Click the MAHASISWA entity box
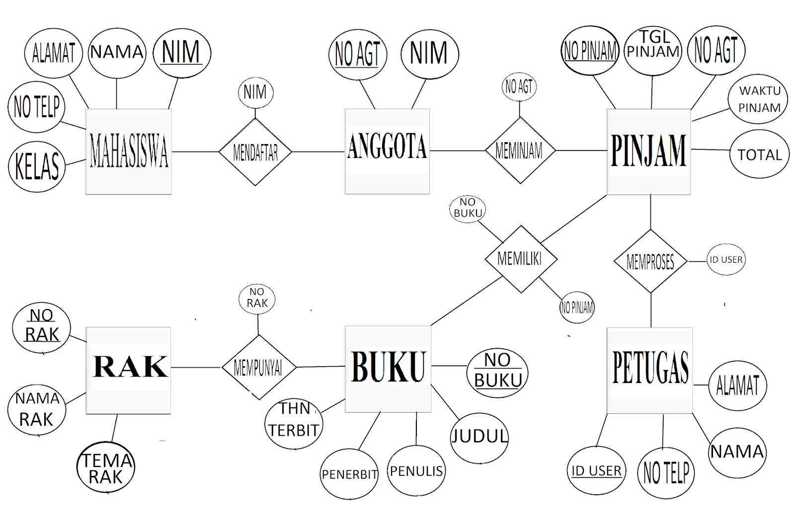coord(128,152)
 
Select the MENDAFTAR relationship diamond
coord(255,152)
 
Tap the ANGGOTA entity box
coord(387,151)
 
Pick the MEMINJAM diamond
coord(520,150)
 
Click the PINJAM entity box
coord(648,152)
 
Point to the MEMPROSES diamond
coord(650,261)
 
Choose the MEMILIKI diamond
coord(520,259)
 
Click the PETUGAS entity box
coord(649,370)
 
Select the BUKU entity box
coord(388,369)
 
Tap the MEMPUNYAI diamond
coord(258,368)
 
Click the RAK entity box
coord(128,370)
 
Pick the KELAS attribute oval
coord(37,166)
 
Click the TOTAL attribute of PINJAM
coord(759,154)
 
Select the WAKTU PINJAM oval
coord(758,99)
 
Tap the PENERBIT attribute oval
coord(349,474)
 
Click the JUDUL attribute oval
coord(479,437)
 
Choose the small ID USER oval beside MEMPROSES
coord(726,259)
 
